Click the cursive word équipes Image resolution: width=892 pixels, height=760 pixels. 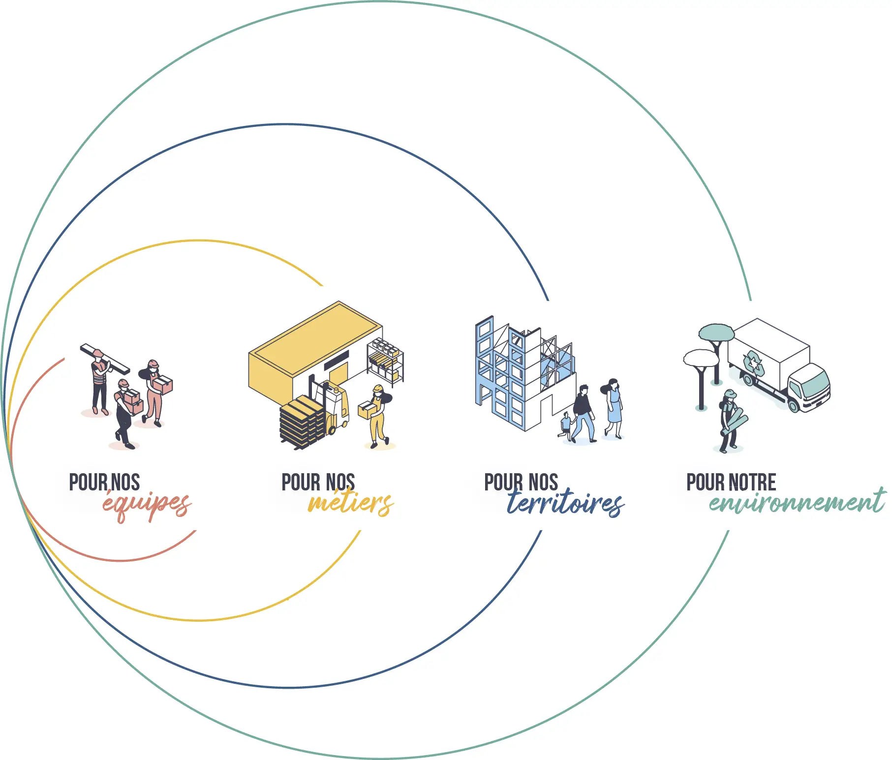pyautogui.click(x=147, y=505)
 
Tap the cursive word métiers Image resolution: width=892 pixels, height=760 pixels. pyautogui.click(x=351, y=502)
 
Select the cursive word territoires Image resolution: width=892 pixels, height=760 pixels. pyautogui.click(x=566, y=502)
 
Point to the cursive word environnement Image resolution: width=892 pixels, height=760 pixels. pyautogui.click(x=797, y=501)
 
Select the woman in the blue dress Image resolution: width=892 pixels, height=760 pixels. pyautogui.click(x=613, y=408)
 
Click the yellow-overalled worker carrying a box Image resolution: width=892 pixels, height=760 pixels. pyautogui.click(x=378, y=417)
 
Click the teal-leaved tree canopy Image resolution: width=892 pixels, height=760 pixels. pyautogui.click(x=716, y=333)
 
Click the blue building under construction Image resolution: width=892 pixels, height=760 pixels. pyautogui.click(x=524, y=374)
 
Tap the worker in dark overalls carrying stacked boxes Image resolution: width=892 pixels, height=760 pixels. pyautogui.click(x=127, y=414)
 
